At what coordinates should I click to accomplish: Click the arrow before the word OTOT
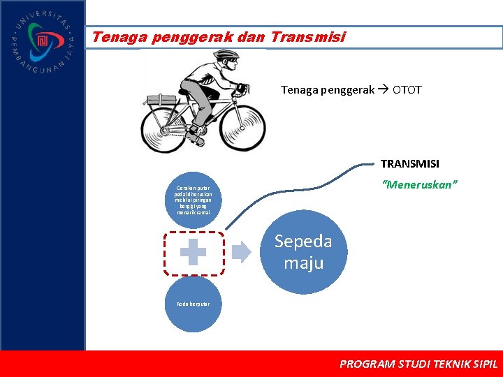384,89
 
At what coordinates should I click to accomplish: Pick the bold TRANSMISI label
409,163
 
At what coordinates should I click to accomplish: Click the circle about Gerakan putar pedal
192,200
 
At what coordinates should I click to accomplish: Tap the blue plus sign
193,253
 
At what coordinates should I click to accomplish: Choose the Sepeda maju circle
303,252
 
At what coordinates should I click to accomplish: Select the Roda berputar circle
192,304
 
